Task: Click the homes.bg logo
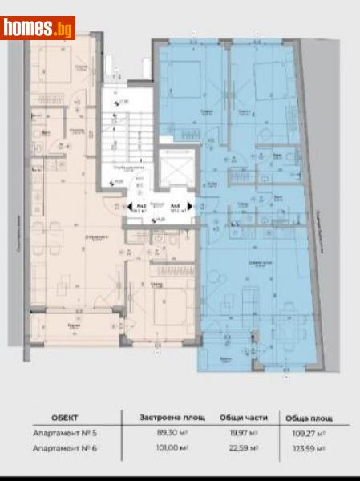(x=38, y=29)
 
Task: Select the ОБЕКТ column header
(x=63, y=418)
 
